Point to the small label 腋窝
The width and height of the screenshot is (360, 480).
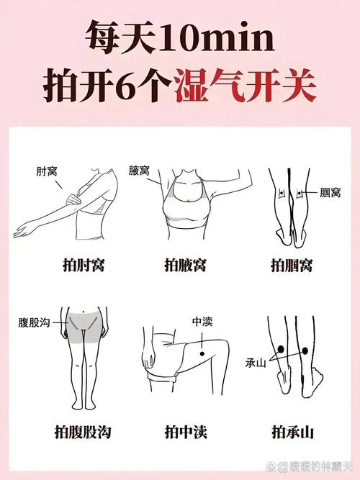coord(140,171)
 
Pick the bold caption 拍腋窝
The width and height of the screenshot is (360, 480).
coord(185,266)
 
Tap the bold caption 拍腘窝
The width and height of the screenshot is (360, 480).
coord(291,266)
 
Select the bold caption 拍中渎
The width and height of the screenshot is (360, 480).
coord(186,431)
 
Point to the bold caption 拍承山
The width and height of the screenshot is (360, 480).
coord(291,431)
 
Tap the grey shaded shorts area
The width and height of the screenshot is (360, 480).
coord(84,327)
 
